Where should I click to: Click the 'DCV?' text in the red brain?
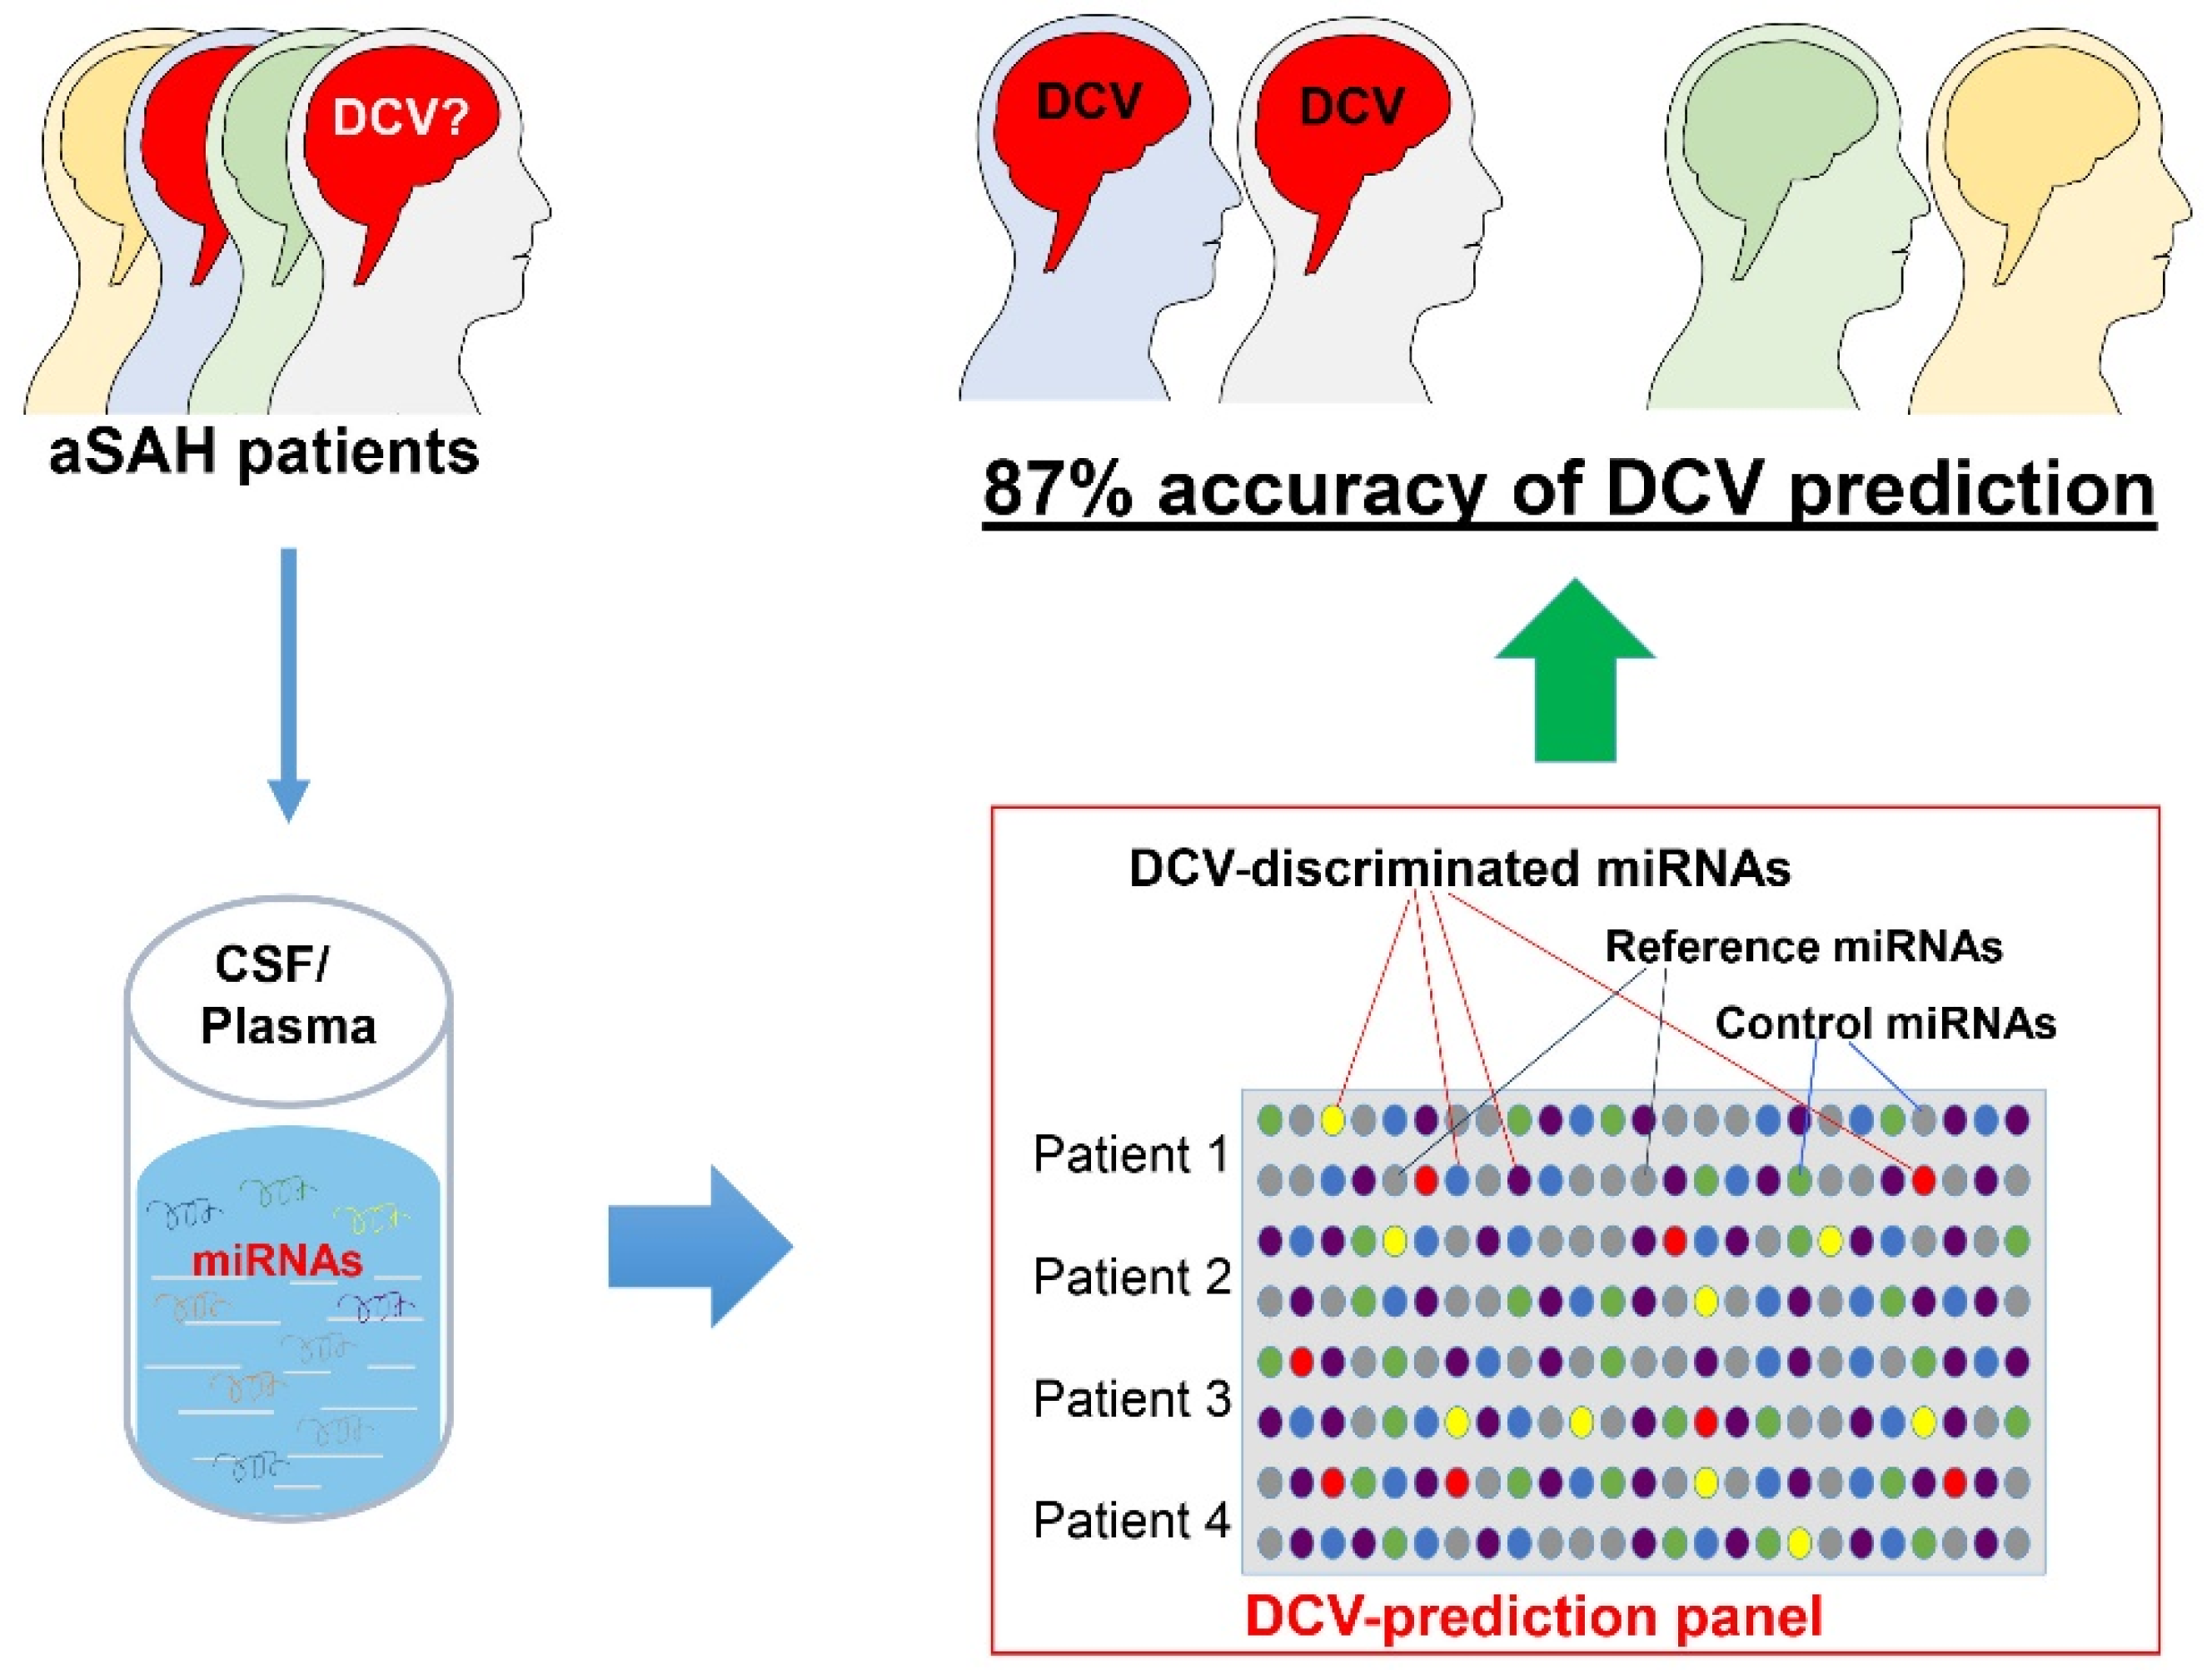(400, 117)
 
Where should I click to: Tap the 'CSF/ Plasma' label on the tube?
(287, 995)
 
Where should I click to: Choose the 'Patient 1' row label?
(1130, 1154)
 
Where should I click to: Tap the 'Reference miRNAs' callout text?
(1803, 947)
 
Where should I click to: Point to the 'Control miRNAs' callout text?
(1886, 1024)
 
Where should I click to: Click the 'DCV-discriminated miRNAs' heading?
(1458, 869)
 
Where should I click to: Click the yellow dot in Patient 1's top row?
(1332, 1120)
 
